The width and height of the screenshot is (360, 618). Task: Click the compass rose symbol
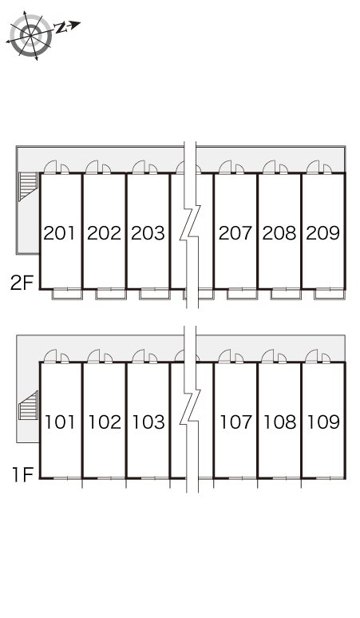click(30, 35)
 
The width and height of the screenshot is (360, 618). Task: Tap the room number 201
click(60, 233)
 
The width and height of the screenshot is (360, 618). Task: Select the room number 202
click(104, 233)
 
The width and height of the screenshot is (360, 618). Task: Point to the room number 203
click(148, 233)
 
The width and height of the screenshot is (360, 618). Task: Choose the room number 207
click(235, 233)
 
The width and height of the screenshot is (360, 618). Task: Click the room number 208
click(279, 233)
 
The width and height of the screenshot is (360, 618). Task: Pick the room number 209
click(323, 233)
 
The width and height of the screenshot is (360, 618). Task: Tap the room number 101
click(60, 422)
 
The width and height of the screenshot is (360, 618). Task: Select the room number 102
click(105, 422)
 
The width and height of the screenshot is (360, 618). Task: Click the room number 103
click(148, 422)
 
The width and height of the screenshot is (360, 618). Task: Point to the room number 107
click(235, 422)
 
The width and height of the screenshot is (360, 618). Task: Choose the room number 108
click(279, 422)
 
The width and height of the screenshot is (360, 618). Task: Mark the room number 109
click(323, 422)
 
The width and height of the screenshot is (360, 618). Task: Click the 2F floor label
click(22, 283)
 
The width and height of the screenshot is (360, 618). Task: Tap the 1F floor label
click(22, 474)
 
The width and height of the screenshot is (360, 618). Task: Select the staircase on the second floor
click(28, 187)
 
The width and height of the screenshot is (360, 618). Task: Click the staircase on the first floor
click(28, 405)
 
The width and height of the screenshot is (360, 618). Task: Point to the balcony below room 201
click(67, 295)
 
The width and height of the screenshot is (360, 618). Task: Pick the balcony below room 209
click(330, 295)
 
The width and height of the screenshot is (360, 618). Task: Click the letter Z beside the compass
click(60, 28)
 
